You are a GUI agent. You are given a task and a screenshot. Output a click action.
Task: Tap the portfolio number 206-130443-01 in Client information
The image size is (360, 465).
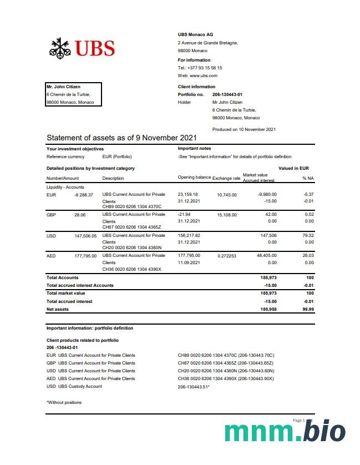point(227,94)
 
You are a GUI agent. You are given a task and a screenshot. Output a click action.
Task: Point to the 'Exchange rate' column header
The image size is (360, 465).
point(226,178)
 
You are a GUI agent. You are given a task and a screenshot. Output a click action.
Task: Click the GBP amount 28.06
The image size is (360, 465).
point(79,214)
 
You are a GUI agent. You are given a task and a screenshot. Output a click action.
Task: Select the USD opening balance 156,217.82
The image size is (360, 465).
point(189,235)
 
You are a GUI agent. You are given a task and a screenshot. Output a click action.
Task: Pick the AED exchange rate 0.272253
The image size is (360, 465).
point(227,256)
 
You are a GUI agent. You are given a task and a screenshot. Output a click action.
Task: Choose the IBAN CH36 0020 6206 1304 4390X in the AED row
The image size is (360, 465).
point(131,269)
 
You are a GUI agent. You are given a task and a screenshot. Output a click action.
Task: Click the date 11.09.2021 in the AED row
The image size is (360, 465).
point(189,262)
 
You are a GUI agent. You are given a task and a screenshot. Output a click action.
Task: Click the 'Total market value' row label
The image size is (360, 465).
point(65,293)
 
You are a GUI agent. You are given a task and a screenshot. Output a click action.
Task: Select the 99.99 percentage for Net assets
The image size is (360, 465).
point(308,309)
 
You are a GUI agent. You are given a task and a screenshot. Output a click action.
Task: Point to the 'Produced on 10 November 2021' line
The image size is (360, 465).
point(244,129)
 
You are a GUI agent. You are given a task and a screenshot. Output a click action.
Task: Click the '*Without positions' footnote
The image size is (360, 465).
point(64,402)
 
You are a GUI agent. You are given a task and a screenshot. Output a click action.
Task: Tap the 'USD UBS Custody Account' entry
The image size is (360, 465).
point(74,386)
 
